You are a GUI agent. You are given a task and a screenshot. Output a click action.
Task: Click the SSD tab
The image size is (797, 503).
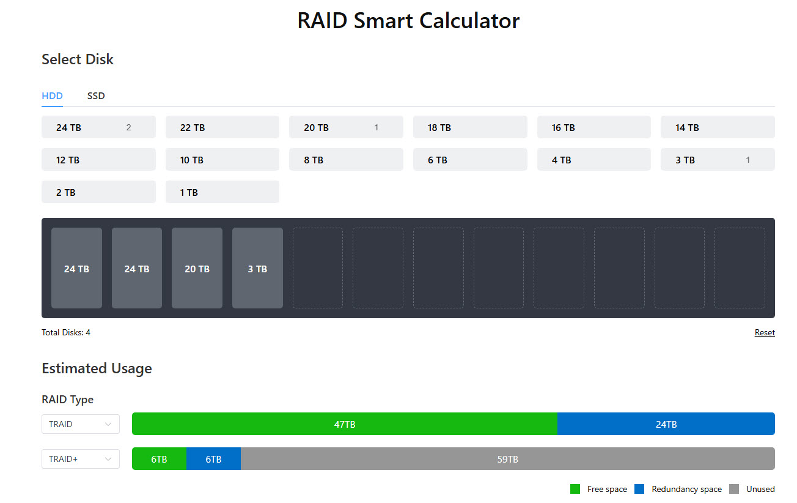(96, 96)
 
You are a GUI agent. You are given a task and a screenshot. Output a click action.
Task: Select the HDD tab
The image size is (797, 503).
(52, 96)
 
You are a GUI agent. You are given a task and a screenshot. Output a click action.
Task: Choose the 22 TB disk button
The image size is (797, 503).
(222, 127)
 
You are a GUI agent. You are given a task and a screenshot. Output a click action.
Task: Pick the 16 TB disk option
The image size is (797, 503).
(593, 127)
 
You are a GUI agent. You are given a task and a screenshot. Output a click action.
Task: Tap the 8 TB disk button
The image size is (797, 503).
(346, 160)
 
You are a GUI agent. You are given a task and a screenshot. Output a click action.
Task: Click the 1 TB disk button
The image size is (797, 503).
(222, 192)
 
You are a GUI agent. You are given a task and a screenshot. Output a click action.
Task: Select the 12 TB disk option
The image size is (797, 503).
(98, 160)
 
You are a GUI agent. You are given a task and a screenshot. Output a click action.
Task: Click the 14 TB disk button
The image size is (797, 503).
(718, 127)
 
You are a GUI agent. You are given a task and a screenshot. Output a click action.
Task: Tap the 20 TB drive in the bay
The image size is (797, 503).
(197, 268)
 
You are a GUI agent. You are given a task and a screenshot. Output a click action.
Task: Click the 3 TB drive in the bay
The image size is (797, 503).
(257, 268)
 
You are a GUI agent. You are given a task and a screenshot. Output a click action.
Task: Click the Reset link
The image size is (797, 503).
(765, 333)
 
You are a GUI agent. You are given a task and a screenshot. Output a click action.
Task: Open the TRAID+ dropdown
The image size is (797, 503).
(81, 459)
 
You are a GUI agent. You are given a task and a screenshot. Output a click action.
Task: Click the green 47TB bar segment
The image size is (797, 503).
(345, 424)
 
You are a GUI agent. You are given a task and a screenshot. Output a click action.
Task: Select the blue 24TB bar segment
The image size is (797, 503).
(666, 424)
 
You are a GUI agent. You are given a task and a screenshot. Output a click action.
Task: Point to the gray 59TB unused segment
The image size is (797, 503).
(507, 459)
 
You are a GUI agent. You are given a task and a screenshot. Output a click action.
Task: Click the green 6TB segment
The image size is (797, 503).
(159, 459)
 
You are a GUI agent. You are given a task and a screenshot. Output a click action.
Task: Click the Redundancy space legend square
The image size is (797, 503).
(639, 489)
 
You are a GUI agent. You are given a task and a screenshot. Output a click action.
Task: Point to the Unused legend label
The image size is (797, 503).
(760, 489)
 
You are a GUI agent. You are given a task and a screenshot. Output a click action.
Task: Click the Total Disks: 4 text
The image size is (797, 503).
(66, 333)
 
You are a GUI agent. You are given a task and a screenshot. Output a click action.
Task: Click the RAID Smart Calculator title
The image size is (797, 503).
(408, 21)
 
